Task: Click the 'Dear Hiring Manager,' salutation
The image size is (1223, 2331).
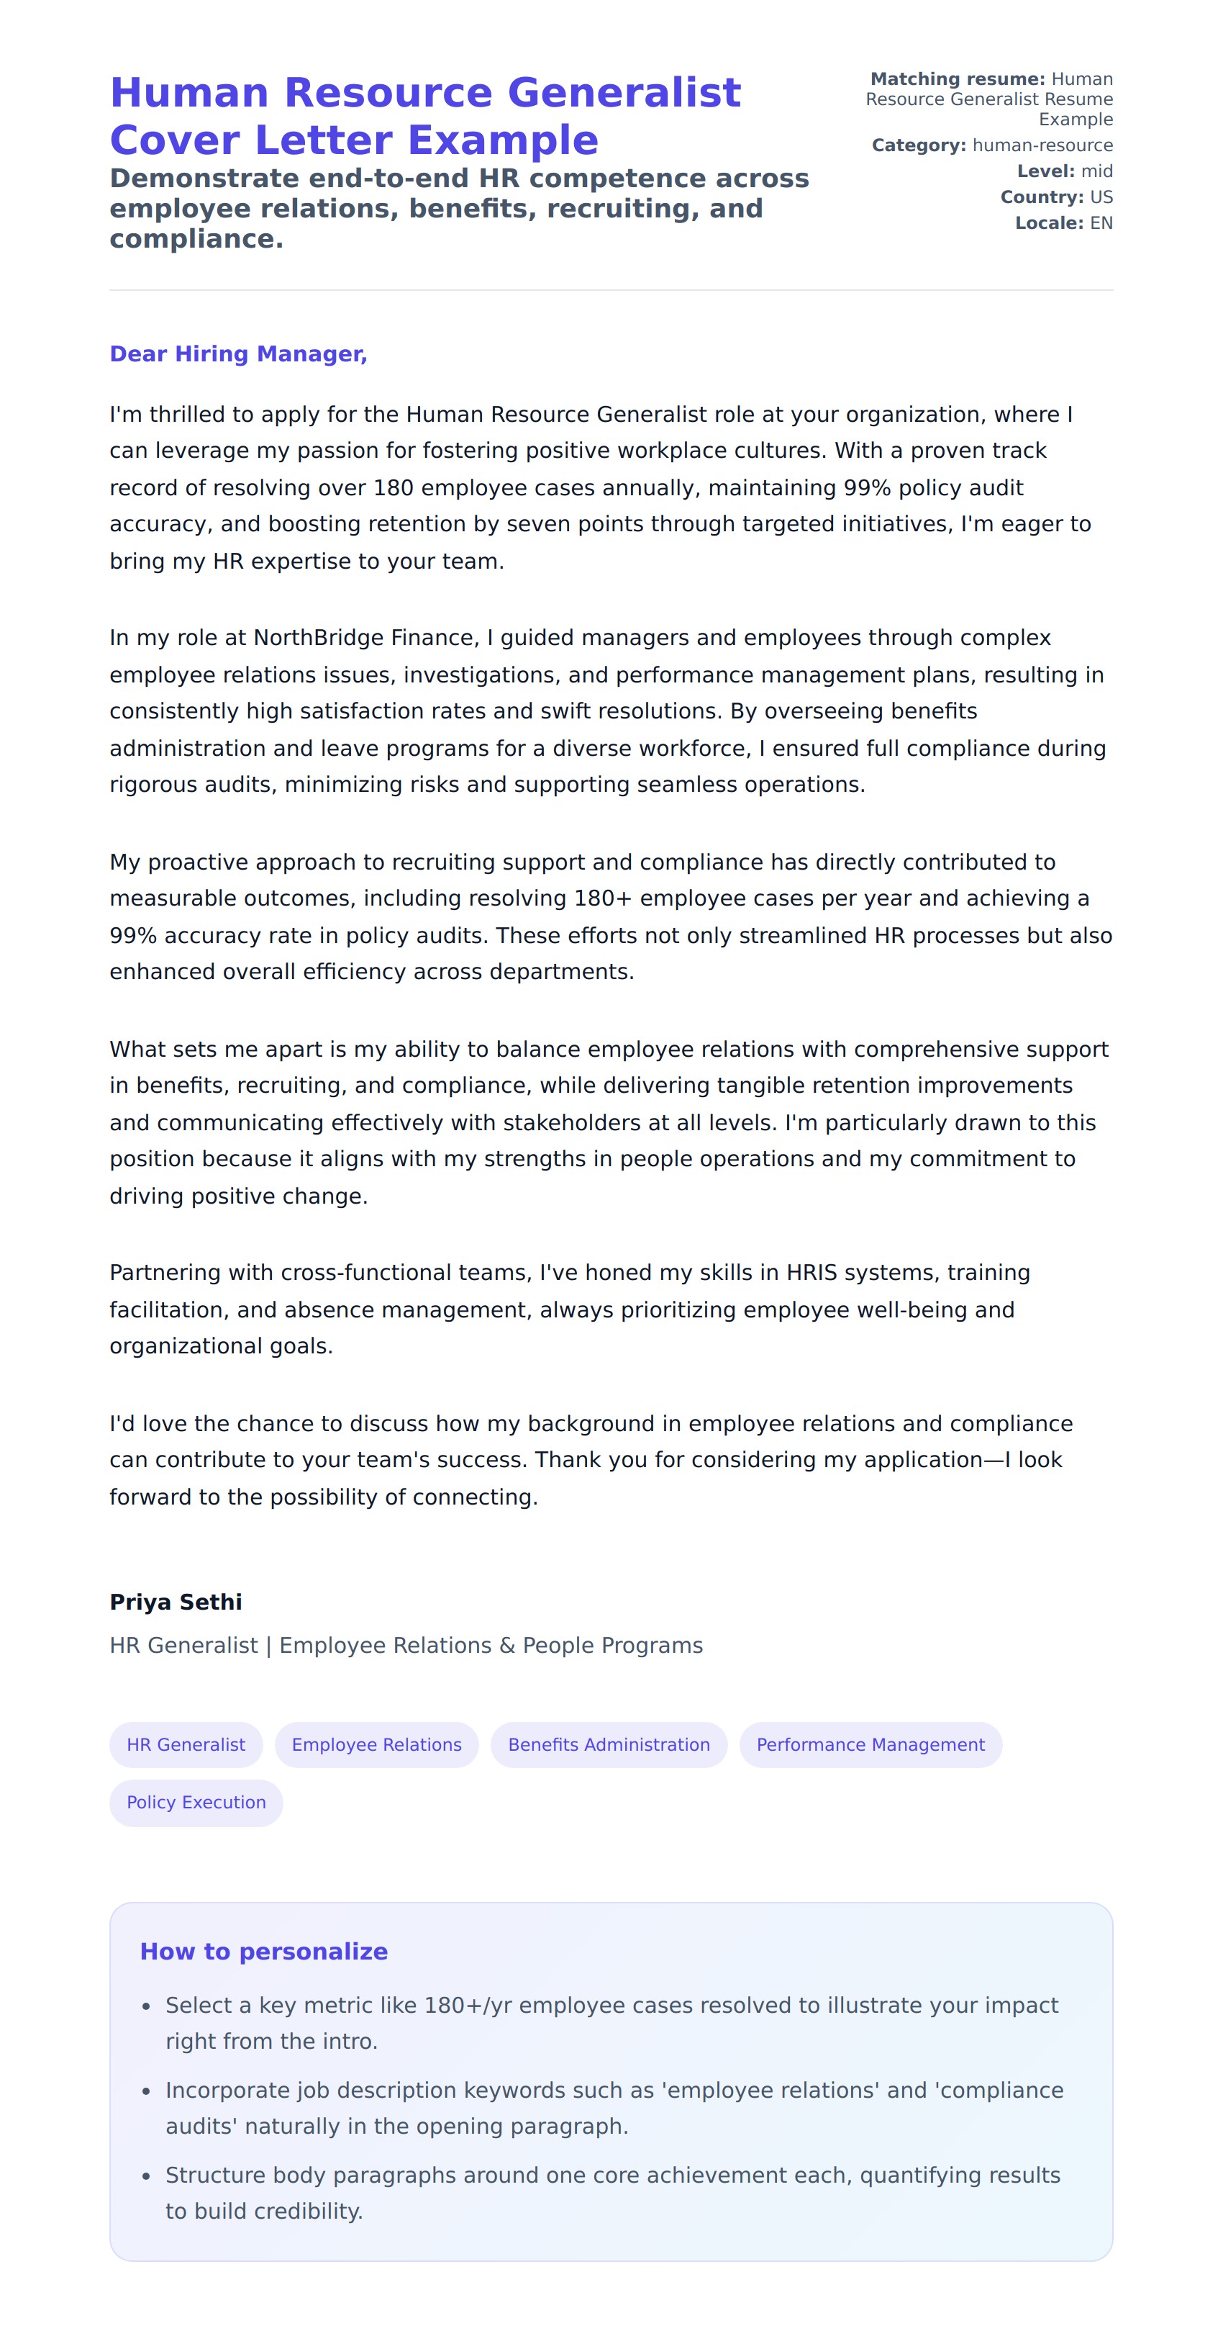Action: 238,353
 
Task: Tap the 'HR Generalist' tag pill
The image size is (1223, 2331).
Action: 186,1744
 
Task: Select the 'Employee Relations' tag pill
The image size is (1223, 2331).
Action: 376,1744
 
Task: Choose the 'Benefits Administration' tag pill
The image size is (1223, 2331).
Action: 609,1744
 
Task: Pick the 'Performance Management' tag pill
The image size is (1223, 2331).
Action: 870,1744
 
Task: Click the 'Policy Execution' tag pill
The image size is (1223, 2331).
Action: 196,1803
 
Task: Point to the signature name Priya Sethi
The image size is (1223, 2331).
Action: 176,1602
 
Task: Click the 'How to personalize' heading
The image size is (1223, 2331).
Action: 263,1951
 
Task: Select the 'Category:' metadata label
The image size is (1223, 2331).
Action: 918,145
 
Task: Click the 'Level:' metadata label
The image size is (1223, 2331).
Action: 1045,172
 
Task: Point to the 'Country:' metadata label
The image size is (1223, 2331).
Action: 1041,197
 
